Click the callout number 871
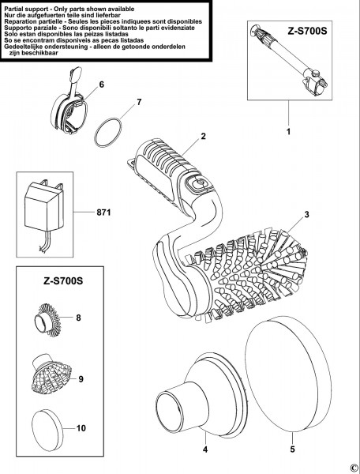click(103, 213)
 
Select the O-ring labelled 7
click(108, 132)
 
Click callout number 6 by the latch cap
click(101, 85)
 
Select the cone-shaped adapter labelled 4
click(201, 395)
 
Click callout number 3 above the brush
click(306, 215)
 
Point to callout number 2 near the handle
click(203, 136)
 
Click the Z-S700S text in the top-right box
click(307, 31)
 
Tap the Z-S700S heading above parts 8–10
click(63, 280)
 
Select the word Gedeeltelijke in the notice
click(23, 47)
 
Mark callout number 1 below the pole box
click(288, 132)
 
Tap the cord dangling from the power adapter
click(43, 240)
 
